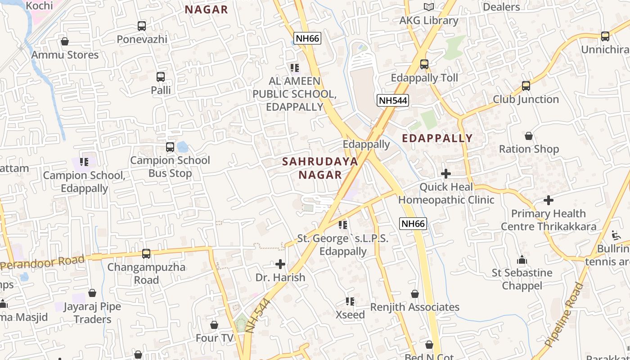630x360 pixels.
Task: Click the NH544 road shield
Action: pyautogui.click(x=393, y=100)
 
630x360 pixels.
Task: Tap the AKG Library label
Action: pyautogui.click(x=428, y=21)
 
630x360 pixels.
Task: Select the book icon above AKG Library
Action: pyautogui.click(x=429, y=7)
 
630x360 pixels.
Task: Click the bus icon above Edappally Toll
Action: pyautogui.click(x=424, y=64)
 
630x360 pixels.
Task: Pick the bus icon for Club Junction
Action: pyautogui.click(x=526, y=85)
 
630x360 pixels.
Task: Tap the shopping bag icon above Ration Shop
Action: pyautogui.click(x=529, y=136)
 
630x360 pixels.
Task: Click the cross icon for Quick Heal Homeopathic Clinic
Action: pyautogui.click(x=446, y=174)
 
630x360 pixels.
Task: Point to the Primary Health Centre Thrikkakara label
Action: pyautogui.click(x=549, y=220)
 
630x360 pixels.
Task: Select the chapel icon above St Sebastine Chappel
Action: pyautogui.click(x=522, y=260)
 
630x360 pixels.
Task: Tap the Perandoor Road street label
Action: pyautogui.click(x=43, y=262)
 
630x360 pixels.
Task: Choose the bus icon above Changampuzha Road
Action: pyautogui.click(x=146, y=254)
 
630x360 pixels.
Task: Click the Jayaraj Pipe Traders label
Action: pyautogui.click(x=92, y=313)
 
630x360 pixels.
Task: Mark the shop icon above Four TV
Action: pyautogui.click(x=214, y=325)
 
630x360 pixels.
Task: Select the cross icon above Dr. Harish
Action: pyautogui.click(x=280, y=264)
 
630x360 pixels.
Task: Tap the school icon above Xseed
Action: pyautogui.click(x=350, y=301)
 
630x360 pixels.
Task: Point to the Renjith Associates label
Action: pyautogui.click(x=414, y=307)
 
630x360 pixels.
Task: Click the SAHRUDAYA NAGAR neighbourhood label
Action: pyautogui.click(x=320, y=168)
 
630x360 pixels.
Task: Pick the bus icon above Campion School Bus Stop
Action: pyautogui.click(x=170, y=147)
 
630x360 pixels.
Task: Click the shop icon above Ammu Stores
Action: pyautogui.click(x=65, y=41)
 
